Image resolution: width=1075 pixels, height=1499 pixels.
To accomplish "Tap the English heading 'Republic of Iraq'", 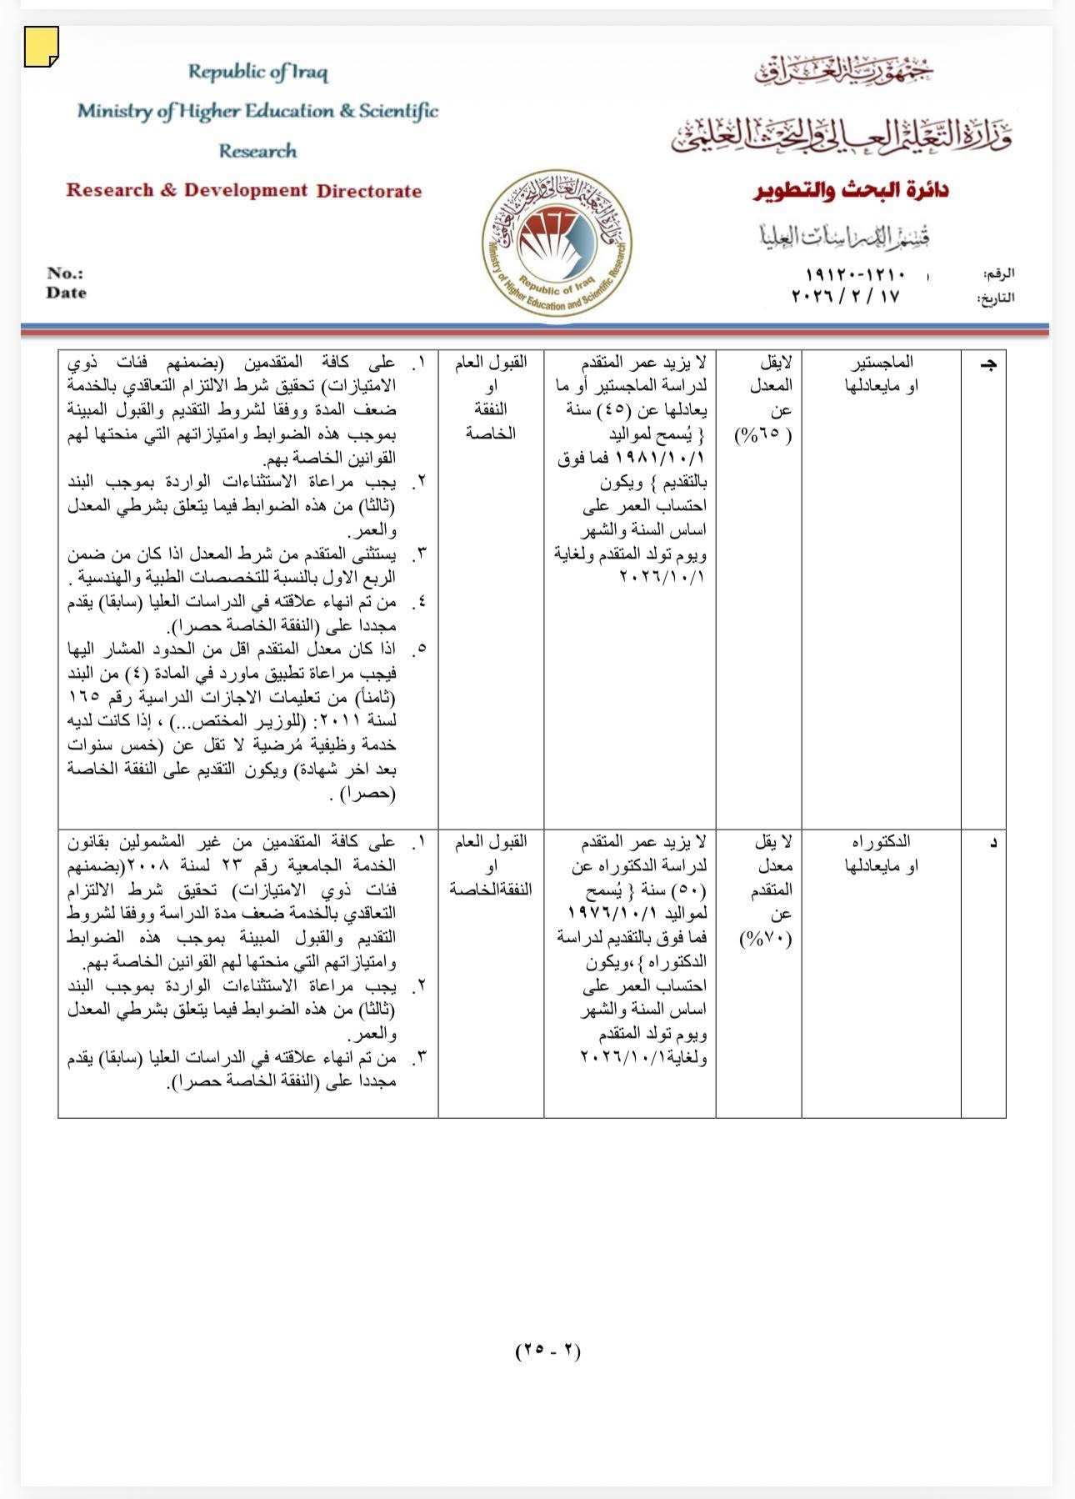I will pyautogui.click(x=257, y=72).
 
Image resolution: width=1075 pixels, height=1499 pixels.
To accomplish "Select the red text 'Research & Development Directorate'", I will pyautogui.click(x=243, y=190).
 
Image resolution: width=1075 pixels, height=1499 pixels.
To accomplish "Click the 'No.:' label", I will pyautogui.click(x=65, y=273).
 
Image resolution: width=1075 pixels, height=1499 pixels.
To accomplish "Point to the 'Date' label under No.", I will pyautogui.click(x=66, y=293).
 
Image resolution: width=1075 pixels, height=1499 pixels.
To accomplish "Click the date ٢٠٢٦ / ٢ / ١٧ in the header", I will pyautogui.click(x=845, y=296).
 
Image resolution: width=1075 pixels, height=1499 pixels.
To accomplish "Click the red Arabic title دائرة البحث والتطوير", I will pyautogui.click(x=851, y=190).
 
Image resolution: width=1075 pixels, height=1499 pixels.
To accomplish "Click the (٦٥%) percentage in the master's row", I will pyautogui.click(x=763, y=434).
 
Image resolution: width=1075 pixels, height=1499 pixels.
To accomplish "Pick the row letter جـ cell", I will pyautogui.click(x=990, y=365).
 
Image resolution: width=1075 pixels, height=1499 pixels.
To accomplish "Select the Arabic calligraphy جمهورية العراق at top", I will pyautogui.click(x=844, y=72).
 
